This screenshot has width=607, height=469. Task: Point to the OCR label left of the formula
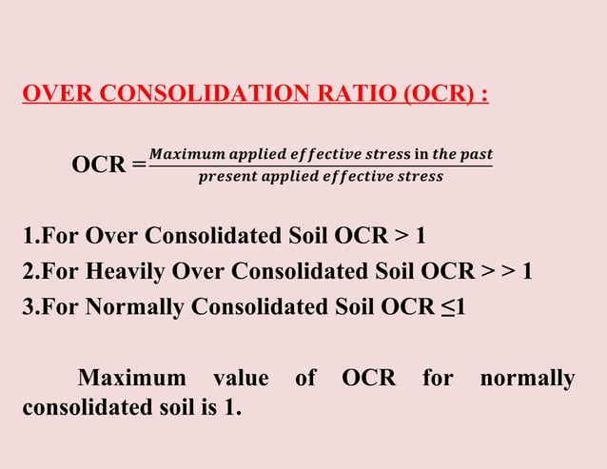tap(99, 165)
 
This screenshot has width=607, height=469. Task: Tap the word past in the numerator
tap(473, 153)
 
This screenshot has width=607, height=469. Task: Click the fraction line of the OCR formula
tap(321, 166)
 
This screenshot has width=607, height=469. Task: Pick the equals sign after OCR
tap(139, 165)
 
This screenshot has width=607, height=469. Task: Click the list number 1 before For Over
tap(28, 235)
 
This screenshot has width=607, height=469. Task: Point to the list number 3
tap(28, 308)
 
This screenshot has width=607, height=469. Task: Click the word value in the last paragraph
tap(241, 379)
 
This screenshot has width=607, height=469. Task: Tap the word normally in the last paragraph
tap(527, 379)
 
